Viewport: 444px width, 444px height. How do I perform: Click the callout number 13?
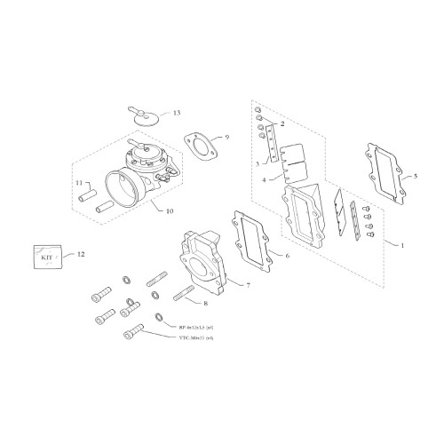point(176,114)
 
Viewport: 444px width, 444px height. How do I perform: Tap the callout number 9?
point(226,138)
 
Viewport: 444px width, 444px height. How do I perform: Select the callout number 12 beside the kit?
point(82,255)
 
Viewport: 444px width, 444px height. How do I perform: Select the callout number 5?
point(415,177)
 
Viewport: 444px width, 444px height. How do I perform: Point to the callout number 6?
point(287,256)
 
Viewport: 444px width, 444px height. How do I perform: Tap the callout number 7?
point(248,286)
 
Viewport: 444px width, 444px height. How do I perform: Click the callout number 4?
point(264,180)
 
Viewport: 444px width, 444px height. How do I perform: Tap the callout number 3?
point(257,163)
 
